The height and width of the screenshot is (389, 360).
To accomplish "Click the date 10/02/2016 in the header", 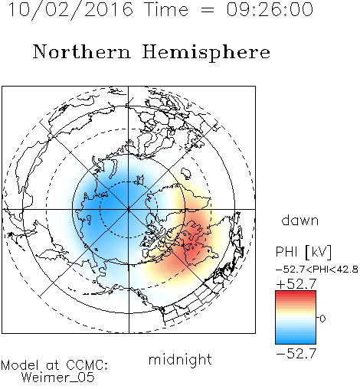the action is [70, 10].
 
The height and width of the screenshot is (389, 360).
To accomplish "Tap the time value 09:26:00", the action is [270, 9].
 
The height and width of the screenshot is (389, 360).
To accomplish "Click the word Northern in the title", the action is [82, 51].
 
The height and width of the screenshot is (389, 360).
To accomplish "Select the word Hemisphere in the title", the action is [206, 53].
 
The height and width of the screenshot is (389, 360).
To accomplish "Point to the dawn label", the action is [300, 220].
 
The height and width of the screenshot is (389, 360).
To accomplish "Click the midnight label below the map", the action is [180, 360].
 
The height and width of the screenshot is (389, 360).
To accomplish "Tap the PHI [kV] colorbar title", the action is [303, 252].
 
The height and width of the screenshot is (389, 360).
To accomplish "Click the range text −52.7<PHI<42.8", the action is [317, 270].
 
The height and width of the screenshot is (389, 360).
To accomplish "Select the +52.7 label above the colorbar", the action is [296, 284].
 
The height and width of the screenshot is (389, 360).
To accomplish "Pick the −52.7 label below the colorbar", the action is [296, 354].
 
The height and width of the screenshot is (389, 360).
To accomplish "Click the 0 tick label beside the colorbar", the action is [322, 319].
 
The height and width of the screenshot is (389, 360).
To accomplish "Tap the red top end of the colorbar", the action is [296, 293].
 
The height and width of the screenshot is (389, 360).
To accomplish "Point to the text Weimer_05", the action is [58, 378].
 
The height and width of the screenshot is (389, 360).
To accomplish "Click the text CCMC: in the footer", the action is [87, 365].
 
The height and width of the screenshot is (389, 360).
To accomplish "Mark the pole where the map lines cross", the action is [128, 209].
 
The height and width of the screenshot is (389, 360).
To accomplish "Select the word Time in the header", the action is [166, 9].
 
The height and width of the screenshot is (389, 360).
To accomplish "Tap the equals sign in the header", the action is [208, 10].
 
